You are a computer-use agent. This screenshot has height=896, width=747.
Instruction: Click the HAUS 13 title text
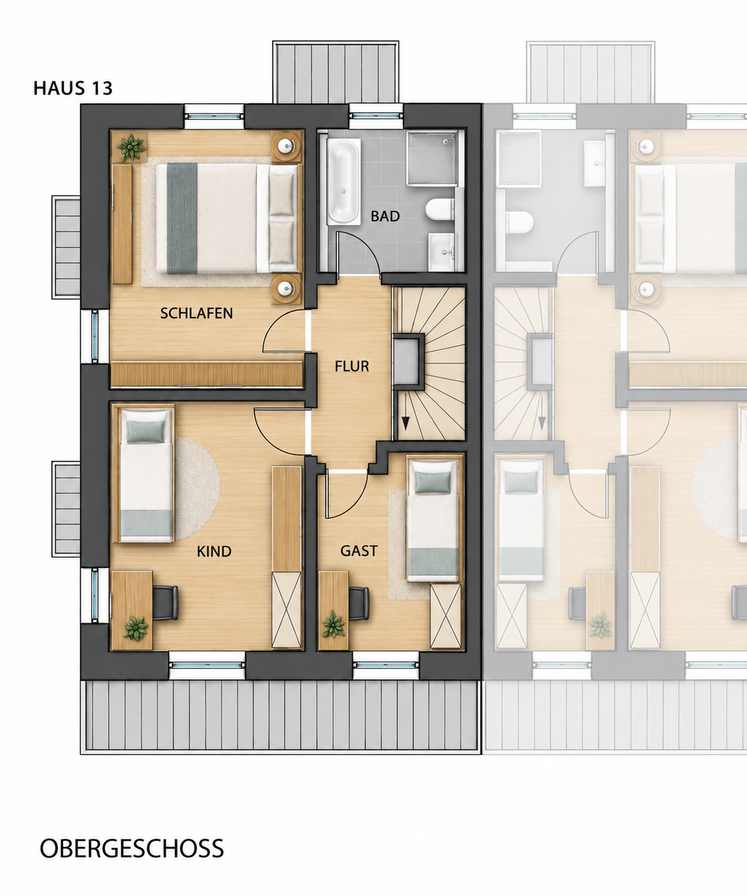click(73, 88)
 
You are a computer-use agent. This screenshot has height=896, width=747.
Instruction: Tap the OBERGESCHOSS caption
click(132, 848)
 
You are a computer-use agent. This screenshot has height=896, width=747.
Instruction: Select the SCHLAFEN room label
click(196, 313)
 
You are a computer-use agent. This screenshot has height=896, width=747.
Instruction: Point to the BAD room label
click(385, 216)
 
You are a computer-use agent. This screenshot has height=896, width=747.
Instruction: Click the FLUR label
click(352, 366)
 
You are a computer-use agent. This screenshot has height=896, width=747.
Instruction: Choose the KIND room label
click(214, 552)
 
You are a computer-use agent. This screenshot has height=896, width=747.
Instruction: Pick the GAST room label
click(359, 550)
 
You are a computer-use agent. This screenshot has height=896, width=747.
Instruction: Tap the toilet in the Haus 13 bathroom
click(440, 209)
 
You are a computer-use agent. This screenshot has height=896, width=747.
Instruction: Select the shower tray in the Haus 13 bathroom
click(431, 158)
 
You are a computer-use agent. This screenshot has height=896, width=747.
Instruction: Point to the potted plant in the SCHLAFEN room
click(130, 147)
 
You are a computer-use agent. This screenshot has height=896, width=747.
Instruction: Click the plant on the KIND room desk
click(136, 628)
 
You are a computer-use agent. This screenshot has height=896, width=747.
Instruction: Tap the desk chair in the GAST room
click(358, 603)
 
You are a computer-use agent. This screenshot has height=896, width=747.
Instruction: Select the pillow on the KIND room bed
click(146, 431)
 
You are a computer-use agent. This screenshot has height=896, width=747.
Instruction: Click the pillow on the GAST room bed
click(433, 481)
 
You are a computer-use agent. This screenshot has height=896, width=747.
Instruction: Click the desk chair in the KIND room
click(165, 603)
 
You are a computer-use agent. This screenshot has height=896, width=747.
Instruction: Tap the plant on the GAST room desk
click(333, 624)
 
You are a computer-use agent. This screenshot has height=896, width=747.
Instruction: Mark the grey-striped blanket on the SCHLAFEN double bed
click(182, 218)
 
